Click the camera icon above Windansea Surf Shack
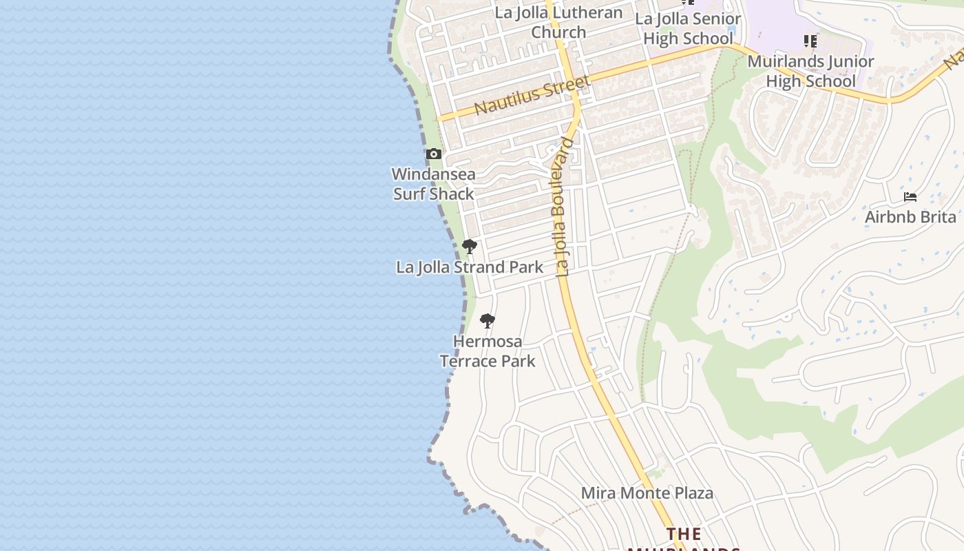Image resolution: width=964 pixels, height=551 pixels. [433, 154]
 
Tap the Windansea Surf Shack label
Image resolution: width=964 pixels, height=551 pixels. [434, 184]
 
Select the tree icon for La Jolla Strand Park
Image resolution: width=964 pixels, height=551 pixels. [470, 246]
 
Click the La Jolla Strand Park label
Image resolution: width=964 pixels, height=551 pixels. [470, 267]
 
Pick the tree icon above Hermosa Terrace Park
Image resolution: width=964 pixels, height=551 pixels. [488, 320]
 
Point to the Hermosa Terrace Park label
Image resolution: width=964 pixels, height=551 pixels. [488, 351]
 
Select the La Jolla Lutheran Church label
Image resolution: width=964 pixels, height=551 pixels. [558, 22]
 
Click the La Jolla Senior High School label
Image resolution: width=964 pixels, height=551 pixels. [688, 29]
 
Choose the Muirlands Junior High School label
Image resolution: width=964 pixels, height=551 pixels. [810, 71]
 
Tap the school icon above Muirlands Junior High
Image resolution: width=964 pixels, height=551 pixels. [810, 42]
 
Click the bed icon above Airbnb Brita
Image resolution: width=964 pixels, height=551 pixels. [910, 197]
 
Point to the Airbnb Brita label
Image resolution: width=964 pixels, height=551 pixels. [910, 217]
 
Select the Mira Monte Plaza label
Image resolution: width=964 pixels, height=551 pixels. [647, 493]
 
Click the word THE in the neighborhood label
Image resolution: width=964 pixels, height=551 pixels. [684, 534]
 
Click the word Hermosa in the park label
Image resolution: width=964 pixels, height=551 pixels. [488, 342]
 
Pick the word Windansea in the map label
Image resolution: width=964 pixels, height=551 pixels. [434, 174]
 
